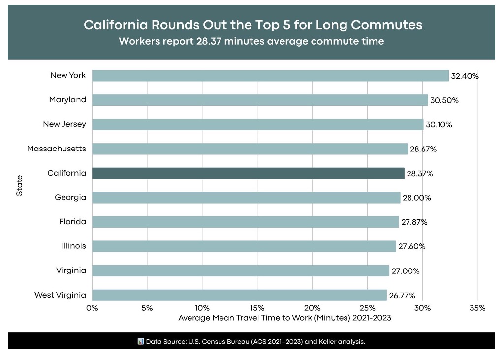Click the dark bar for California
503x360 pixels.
click(x=248, y=173)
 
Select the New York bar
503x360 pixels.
click(x=270, y=76)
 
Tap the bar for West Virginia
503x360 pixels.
click(x=239, y=295)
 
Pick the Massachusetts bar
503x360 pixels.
click(x=250, y=149)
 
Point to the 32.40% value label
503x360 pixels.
click(x=465, y=76)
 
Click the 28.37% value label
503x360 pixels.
click(x=420, y=174)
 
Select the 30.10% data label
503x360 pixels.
click(x=439, y=125)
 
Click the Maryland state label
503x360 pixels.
click(x=67, y=100)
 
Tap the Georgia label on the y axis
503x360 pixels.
click(x=70, y=197)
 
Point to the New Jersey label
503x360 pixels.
click(x=64, y=124)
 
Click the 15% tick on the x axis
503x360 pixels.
click(x=257, y=308)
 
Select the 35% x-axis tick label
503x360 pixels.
click(x=477, y=308)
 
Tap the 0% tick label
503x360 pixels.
click(x=92, y=308)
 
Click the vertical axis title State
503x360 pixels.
click(x=20, y=186)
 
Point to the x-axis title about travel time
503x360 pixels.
click(x=284, y=318)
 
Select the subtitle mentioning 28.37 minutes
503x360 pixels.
click(x=251, y=41)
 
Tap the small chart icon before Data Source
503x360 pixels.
click(x=141, y=341)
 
